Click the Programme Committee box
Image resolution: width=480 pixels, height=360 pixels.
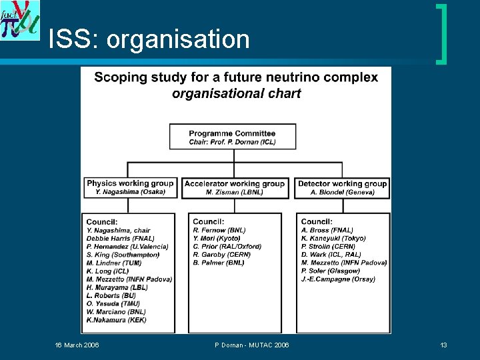click(x=231, y=136)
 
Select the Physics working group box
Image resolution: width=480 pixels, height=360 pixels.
click(x=130, y=187)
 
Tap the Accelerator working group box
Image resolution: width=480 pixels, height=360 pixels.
click(x=234, y=187)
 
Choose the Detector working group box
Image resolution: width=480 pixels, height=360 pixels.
click(x=342, y=187)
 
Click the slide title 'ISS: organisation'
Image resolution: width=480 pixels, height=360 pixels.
click(x=149, y=40)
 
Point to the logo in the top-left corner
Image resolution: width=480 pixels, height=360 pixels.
click(x=20, y=20)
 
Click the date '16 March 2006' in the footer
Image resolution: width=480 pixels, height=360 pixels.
click(x=77, y=345)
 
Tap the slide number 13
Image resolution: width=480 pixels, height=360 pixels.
click(x=443, y=345)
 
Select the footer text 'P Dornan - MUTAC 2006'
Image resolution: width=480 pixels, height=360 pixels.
click(x=252, y=345)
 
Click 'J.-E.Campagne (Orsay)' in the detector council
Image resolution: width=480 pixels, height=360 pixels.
click(x=338, y=279)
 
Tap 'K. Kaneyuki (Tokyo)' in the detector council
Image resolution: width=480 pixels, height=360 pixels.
click(x=333, y=238)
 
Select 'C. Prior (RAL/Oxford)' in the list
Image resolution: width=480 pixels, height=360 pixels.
click(x=227, y=246)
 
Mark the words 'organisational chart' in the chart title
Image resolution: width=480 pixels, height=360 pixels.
click(x=236, y=93)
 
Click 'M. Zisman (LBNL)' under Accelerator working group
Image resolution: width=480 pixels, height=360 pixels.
click(x=234, y=192)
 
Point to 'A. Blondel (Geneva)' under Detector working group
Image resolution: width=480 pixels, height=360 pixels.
click(x=342, y=192)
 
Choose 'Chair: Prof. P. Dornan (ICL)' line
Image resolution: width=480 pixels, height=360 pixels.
click(x=232, y=141)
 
